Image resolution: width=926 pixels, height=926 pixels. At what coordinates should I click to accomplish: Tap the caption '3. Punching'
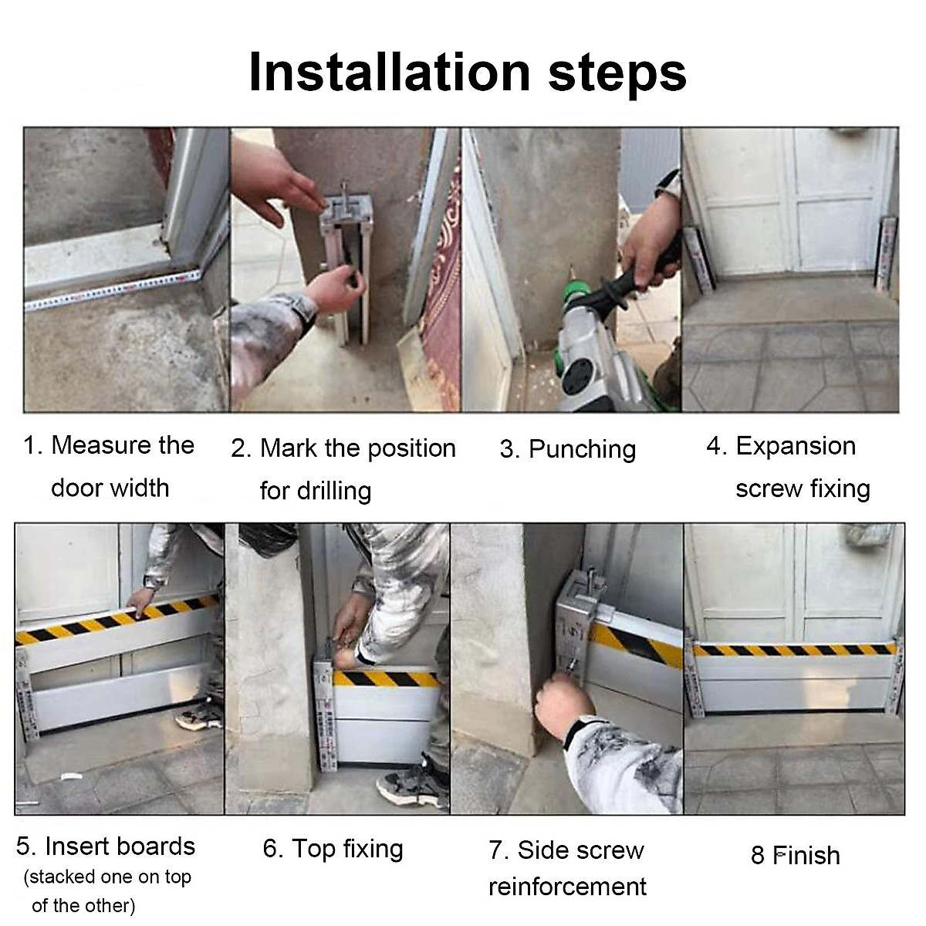pos(567,450)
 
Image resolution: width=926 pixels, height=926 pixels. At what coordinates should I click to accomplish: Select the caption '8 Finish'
pos(796,855)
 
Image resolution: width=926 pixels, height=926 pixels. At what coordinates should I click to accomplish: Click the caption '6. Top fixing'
pos(333,849)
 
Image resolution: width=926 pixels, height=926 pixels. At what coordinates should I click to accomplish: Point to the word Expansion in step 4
pos(796,447)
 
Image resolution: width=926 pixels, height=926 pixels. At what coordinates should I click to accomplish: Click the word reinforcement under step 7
pos(567,887)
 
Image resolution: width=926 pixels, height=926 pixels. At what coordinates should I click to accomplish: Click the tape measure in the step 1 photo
pos(113,290)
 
